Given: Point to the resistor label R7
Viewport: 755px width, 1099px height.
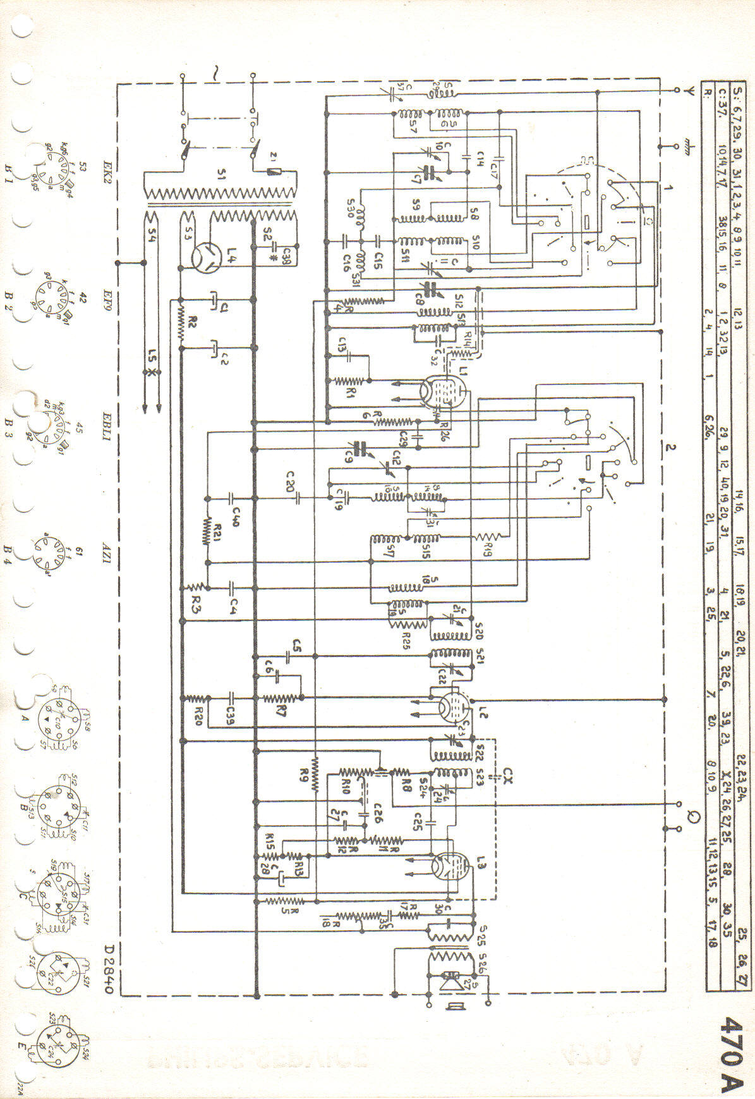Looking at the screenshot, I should [281, 711].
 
